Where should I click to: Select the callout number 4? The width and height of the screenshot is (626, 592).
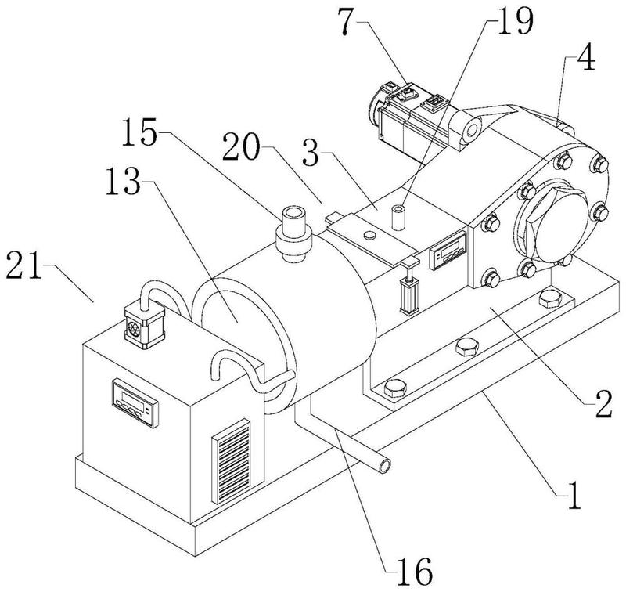(585, 58)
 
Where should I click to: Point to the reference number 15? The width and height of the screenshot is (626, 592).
(139, 132)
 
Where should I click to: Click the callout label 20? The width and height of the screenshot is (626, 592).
(241, 147)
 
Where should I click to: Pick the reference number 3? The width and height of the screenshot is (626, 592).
(311, 153)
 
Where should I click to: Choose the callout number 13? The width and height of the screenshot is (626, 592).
(124, 182)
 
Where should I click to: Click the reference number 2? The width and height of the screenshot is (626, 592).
(603, 404)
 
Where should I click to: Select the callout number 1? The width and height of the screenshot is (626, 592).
(574, 496)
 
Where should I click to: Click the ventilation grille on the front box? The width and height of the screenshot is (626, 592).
(232, 461)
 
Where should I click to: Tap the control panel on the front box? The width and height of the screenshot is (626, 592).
(135, 402)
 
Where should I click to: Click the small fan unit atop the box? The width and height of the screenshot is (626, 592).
(145, 327)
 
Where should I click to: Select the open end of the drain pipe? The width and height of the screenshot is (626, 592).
(385, 466)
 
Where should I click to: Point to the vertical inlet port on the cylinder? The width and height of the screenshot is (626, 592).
(293, 233)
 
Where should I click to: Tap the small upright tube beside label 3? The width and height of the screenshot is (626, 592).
(398, 218)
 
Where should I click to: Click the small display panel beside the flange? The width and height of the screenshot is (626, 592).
(448, 250)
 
